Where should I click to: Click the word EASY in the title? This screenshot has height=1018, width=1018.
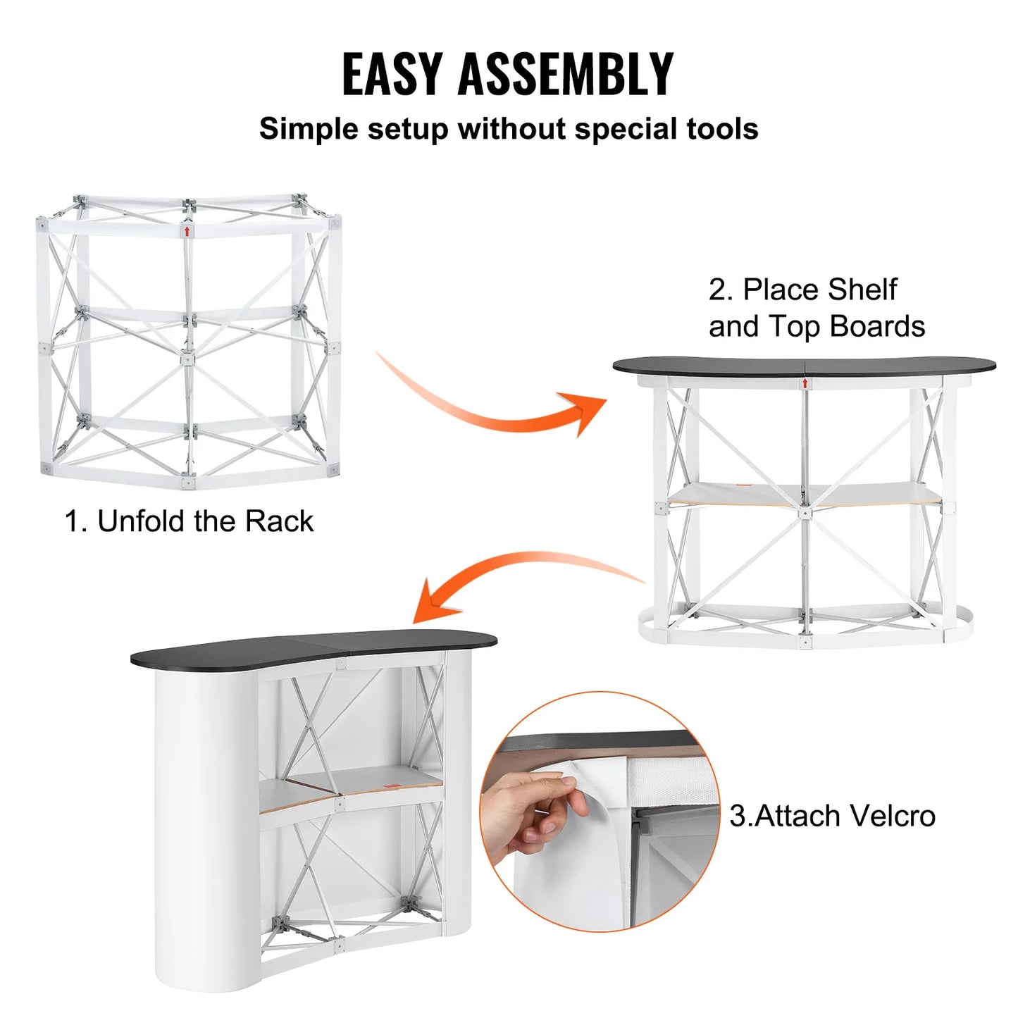391,74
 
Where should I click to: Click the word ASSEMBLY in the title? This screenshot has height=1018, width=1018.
566,74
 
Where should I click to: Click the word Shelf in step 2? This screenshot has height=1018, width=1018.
862,290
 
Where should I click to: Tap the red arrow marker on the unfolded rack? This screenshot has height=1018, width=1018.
187,230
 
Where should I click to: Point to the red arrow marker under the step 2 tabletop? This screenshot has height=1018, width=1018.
805,383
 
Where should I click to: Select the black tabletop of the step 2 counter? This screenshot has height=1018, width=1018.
803,366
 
